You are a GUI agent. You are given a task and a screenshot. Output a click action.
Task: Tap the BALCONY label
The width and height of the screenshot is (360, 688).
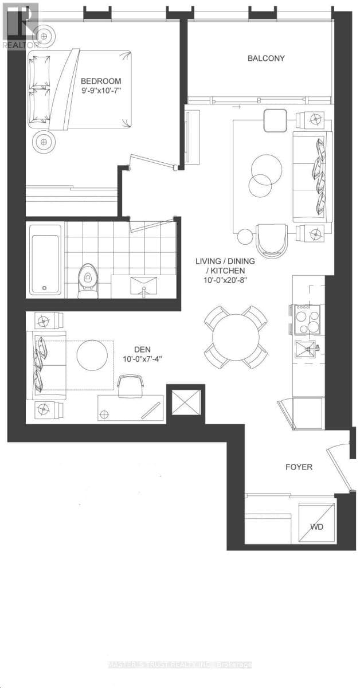point(266,58)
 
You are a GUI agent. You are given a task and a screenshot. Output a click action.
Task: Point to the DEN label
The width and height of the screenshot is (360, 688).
point(142,349)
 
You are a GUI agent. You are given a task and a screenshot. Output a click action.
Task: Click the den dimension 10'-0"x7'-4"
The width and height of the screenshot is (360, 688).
point(142,359)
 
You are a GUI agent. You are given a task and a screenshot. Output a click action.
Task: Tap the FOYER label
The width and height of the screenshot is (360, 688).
point(299,467)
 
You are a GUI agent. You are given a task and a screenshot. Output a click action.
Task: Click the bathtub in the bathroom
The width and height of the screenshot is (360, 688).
point(45,259)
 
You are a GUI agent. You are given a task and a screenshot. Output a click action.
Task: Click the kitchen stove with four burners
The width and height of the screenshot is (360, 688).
point(308,319)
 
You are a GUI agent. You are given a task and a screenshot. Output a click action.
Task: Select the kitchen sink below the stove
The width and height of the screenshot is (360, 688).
point(307,349)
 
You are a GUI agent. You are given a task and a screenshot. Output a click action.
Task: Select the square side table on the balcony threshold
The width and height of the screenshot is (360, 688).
point(273,120)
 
